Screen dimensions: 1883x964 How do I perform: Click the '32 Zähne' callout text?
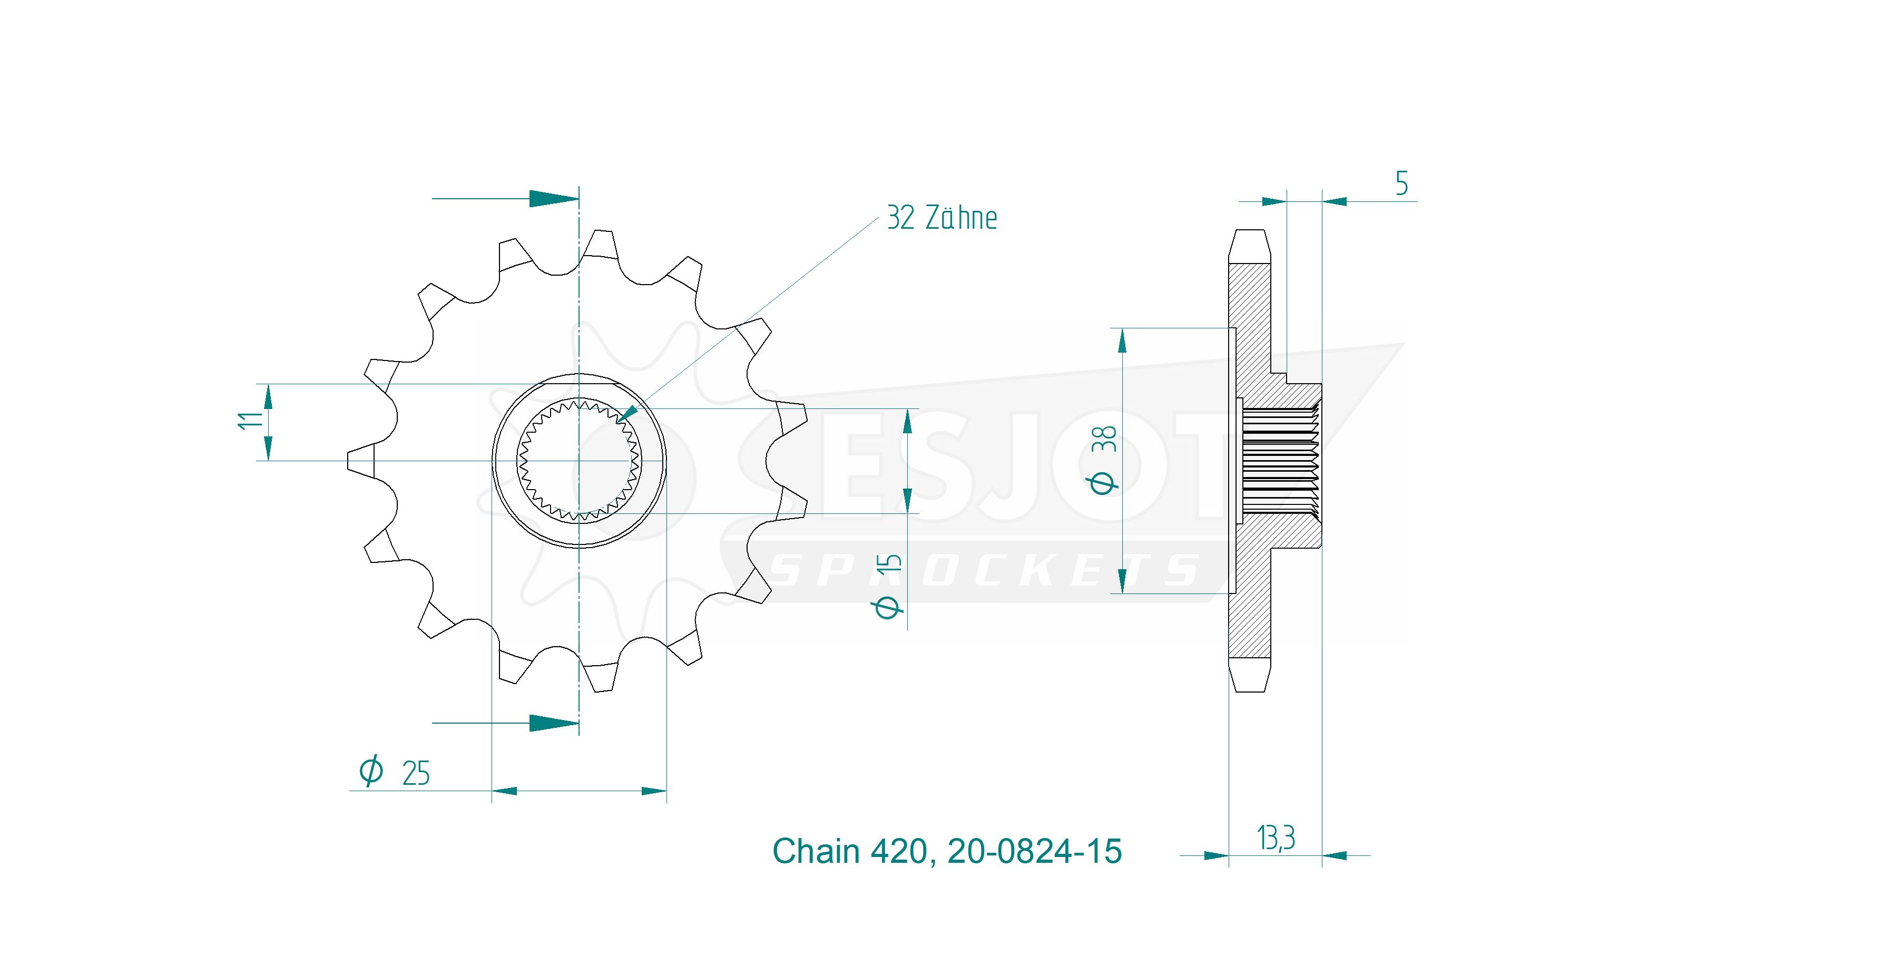pos(942,218)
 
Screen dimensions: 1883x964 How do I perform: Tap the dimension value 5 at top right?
pos(1401,183)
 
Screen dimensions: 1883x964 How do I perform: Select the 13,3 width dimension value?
pos(1276,838)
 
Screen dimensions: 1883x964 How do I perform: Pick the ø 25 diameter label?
pos(395,772)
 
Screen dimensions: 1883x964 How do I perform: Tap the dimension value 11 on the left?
pos(249,420)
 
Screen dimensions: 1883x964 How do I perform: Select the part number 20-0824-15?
pos(1034,851)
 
